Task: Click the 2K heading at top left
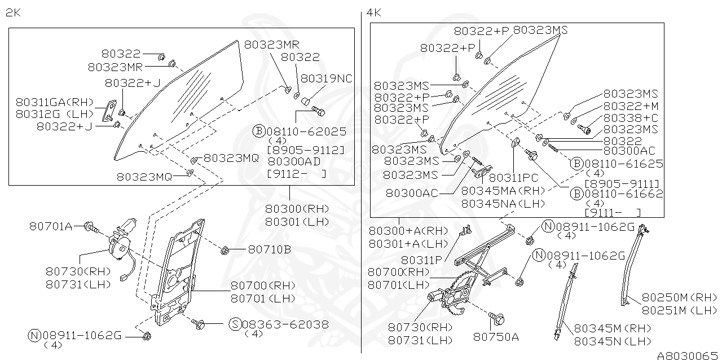(x=14, y=13)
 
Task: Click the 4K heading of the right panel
(x=373, y=13)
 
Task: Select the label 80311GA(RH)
(x=54, y=102)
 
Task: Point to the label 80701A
(x=51, y=226)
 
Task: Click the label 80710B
(x=269, y=249)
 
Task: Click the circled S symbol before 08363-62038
(x=235, y=324)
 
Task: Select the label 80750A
(x=496, y=336)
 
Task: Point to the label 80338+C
(x=631, y=118)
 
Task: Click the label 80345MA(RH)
(x=504, y=191)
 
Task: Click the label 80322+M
(x=631, y=106)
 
